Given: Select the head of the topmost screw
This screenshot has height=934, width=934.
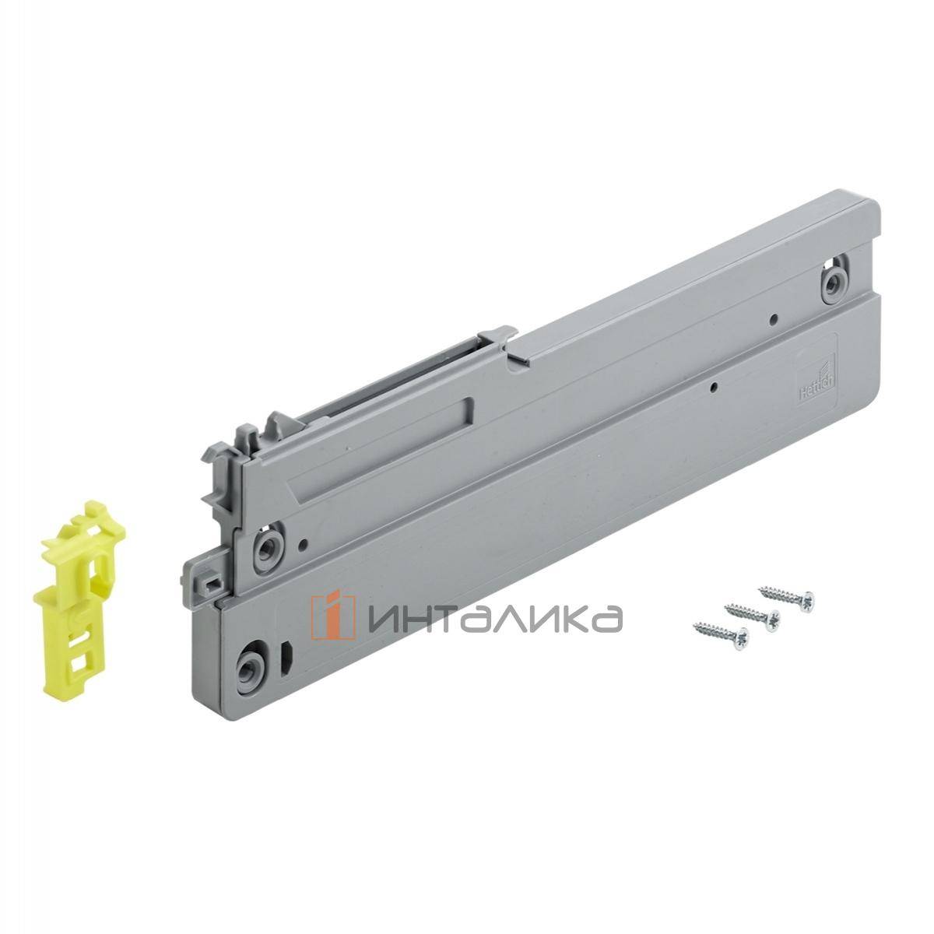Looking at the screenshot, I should tap(810, 599).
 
